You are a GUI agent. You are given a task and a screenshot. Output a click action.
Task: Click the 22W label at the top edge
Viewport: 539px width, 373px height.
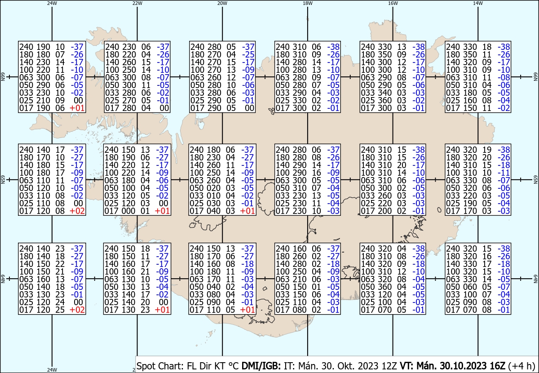tap(137, 3)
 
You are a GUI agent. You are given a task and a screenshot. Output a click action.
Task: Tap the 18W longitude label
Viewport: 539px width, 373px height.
tap(308, 3)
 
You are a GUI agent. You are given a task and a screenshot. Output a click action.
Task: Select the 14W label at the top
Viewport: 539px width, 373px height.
tap(478, 3)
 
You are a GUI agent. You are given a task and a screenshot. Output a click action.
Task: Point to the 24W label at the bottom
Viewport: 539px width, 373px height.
tap(52, 369)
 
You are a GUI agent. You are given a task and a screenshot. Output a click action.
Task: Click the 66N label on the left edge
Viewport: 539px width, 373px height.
tap(3, 77)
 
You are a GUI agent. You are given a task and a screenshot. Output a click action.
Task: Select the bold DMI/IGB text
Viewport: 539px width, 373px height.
tap(261, 366)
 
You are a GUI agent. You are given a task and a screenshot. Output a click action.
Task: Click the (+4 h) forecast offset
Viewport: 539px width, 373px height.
tap(521, 366)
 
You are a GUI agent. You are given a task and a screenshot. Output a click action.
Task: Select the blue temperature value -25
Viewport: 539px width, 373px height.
tap(248, 54)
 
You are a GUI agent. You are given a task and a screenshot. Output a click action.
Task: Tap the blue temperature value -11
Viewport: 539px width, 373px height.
tap(504, 173)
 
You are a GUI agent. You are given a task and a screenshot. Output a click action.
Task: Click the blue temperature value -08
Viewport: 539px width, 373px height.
tap(504, 77)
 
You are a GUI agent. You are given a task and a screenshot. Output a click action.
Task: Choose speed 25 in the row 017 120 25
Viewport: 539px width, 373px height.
tap(60, 310)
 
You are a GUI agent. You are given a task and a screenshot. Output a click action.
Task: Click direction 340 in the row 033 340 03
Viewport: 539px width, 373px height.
tap(384, 93)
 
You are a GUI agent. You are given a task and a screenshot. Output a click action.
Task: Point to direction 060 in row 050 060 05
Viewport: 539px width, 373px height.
tap(470, 287)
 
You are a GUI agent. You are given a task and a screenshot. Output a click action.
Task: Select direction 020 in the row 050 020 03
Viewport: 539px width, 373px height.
tap(213, 188)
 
